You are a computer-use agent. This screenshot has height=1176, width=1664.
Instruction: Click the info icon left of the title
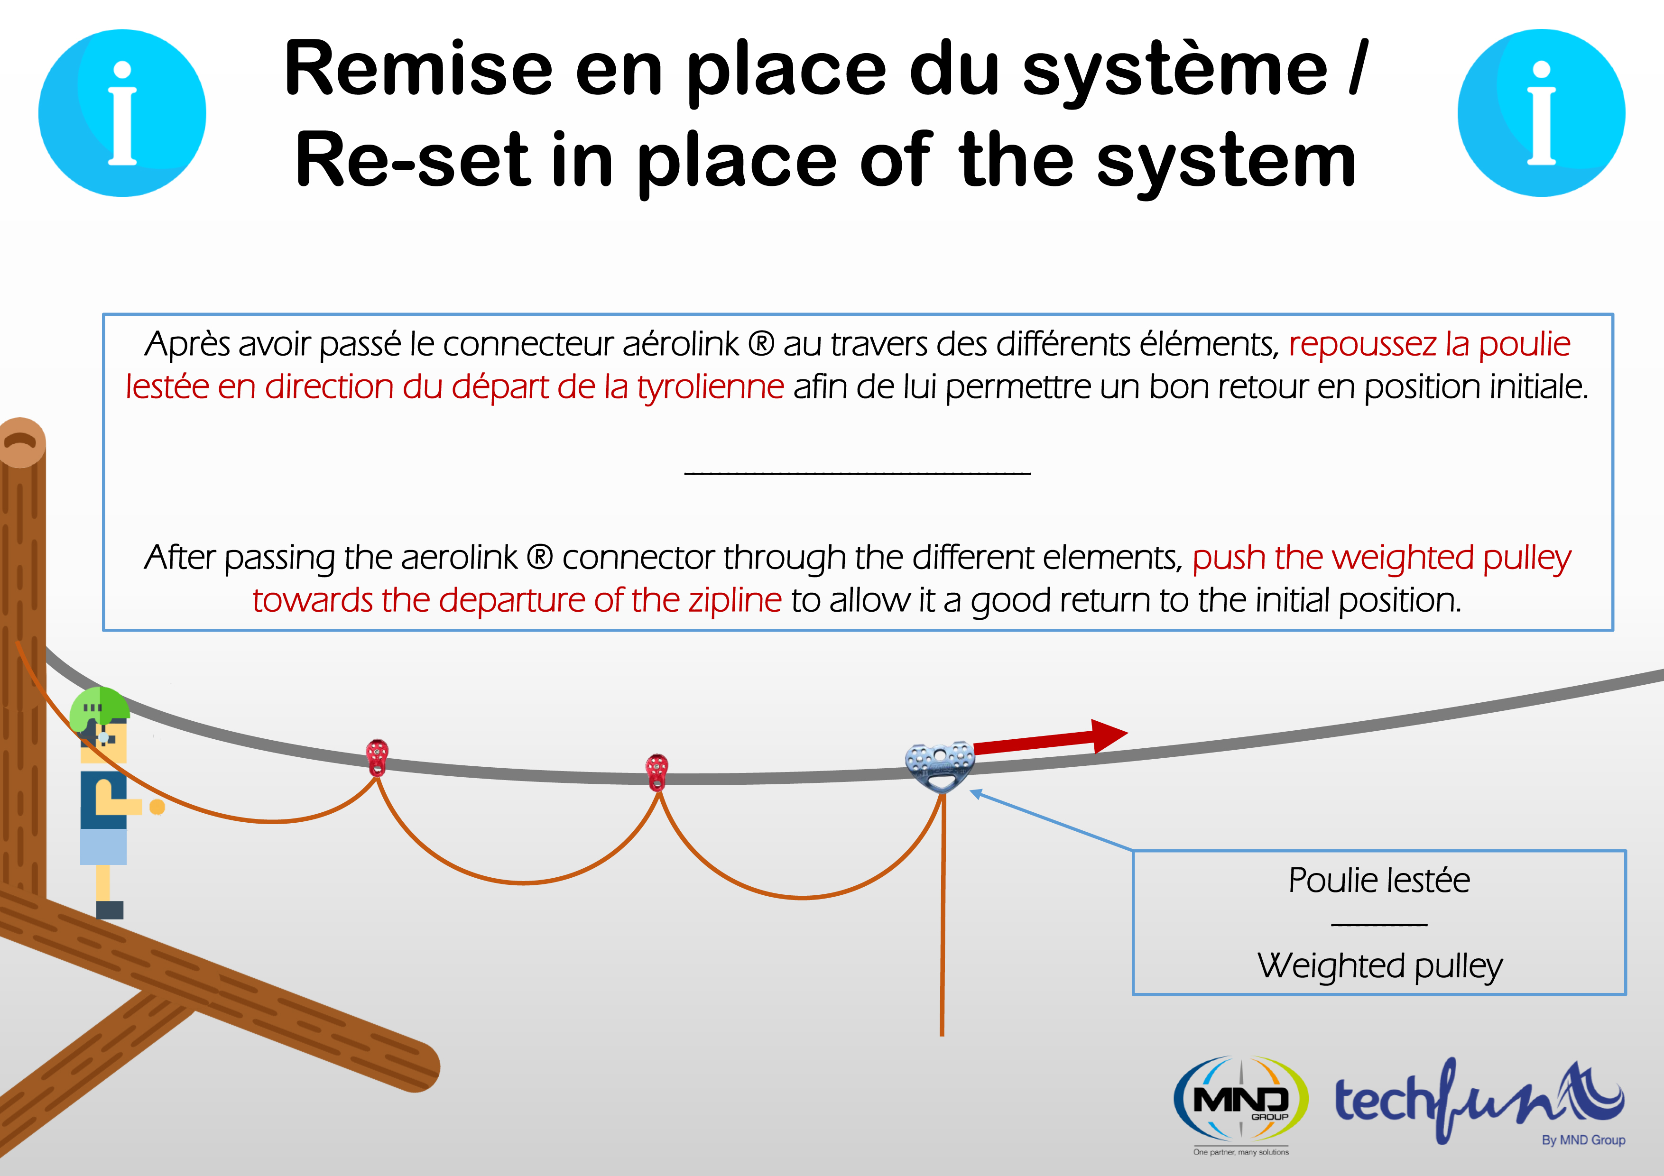pyautogui.click(x=122, y=113)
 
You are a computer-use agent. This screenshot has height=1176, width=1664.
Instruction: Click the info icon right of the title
pyautogui.click(x=1542, y=113)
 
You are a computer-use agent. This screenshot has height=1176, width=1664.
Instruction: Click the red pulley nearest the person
pyautogui.click(x=377, y=757)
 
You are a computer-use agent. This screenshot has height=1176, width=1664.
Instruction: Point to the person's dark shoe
pyautogui.click(x=110, y=910)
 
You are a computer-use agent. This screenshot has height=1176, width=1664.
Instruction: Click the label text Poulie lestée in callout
pyautogui.click(x=1379, y=881)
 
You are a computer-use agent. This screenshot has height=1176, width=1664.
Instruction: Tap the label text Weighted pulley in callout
pyautogui.click(x=1380, y=966)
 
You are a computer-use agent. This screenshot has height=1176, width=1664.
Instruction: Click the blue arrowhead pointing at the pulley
pyautogui.click(x=976, y=795)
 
